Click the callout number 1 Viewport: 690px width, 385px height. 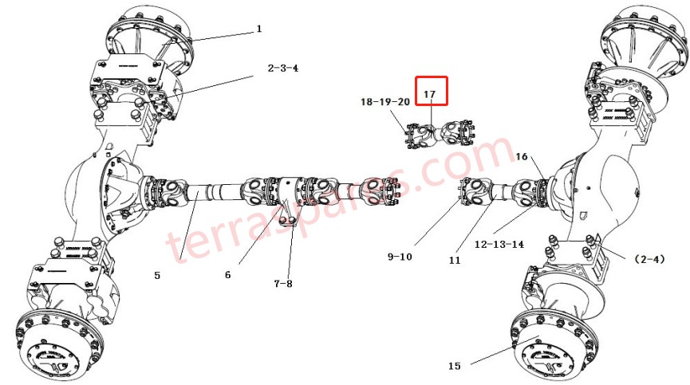259,29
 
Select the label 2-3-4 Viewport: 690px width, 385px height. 283,69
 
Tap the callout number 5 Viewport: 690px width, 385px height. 157,276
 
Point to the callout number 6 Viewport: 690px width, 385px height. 227,275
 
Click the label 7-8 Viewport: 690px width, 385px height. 283,284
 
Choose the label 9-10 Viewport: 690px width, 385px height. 400,257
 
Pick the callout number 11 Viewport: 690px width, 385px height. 455,260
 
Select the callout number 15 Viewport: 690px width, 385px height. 454,366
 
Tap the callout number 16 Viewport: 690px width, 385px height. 522,156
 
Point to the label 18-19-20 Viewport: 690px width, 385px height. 385,102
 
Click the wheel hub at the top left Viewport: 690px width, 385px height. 149,36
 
